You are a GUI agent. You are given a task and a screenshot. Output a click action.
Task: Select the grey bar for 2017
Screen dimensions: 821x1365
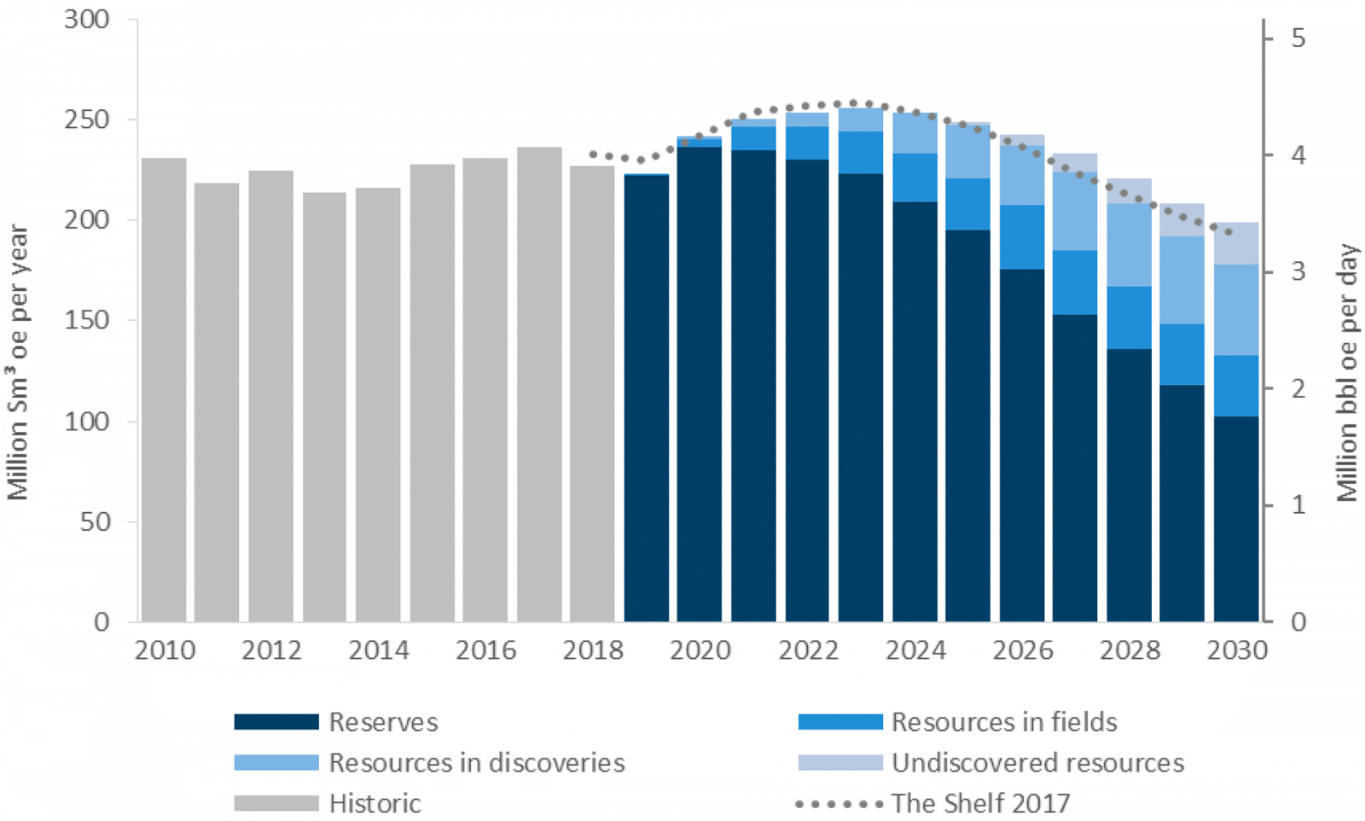pos(539,384)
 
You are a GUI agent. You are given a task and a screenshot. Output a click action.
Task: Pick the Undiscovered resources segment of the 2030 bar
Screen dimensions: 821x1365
pos(1235,243)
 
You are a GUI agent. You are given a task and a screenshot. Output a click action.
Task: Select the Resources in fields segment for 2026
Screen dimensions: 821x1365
pos(1022,237)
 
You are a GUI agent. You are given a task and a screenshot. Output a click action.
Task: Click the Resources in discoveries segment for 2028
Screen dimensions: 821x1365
pos(1129,245)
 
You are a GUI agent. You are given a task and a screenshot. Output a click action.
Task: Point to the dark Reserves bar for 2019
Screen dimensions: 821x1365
pos(647,398)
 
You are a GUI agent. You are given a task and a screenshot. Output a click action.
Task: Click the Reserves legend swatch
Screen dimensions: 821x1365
pos(276,722)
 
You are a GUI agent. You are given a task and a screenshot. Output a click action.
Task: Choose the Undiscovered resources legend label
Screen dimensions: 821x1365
pos(1037,762)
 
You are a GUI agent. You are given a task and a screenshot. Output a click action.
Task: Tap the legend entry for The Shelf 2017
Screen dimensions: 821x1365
pos(979,803)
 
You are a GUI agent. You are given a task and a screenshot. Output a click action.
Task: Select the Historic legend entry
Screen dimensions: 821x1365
pos(375,803)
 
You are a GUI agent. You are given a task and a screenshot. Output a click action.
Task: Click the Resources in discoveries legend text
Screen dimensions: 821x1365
pos(476,762)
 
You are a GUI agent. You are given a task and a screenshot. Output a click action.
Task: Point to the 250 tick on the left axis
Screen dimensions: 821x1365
pos(87,119)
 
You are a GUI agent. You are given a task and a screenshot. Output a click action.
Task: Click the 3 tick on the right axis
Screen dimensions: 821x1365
pos(1298,271)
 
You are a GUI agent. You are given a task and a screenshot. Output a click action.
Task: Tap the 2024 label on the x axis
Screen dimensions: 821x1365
pos(915,650)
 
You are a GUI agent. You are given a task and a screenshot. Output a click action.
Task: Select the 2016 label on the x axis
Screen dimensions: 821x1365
pos(485,650)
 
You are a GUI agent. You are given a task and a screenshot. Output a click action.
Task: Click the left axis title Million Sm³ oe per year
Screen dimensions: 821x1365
pos(19,362)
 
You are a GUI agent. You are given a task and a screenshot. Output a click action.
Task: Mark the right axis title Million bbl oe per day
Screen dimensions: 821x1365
pos(1347,373)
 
